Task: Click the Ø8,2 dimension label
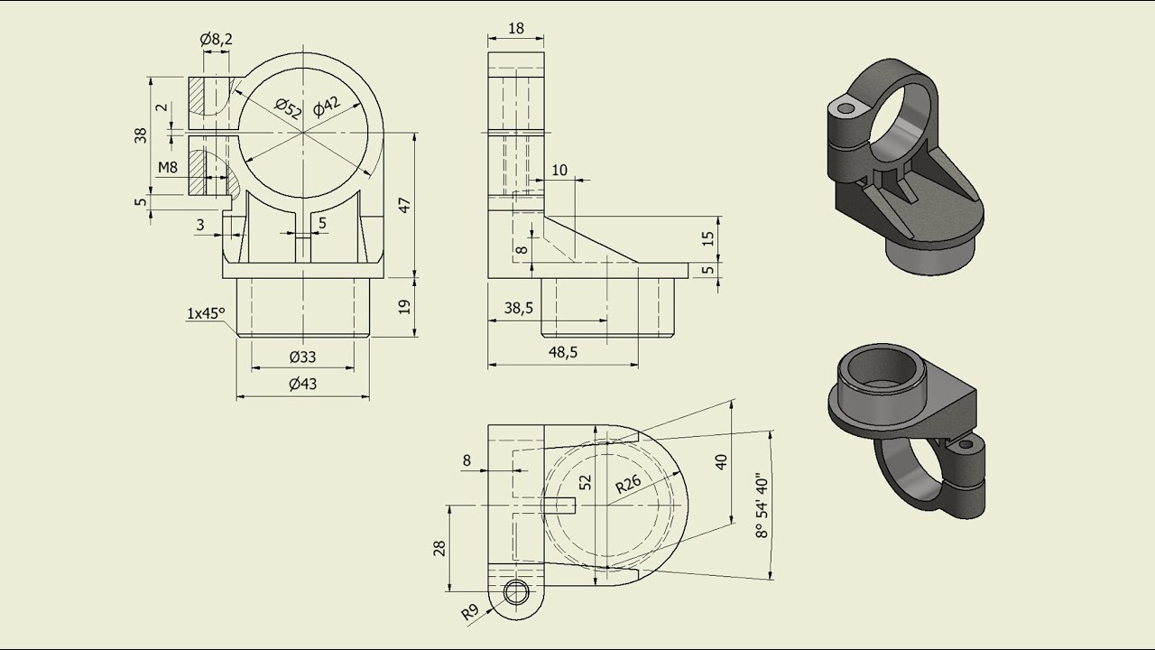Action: point(216,39)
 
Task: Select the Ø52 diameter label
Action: point(287,108)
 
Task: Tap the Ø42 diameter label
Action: point(327,106)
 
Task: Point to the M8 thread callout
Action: point(168,167)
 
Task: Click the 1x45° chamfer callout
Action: point(205,313)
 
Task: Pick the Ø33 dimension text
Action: point(303,357)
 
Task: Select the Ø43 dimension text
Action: point(303,384)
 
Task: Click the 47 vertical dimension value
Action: point(405,205)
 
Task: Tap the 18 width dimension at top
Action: point(516,28)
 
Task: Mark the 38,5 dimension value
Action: point(518,308)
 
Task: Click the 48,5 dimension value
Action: point(562,352)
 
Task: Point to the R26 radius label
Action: point(628,484)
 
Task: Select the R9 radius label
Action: point(469,613)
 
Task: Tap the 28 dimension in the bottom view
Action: point(439,548)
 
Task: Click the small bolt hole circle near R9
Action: point(517,592)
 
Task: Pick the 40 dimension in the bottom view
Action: point(721,461)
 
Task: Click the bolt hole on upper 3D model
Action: point(845,108)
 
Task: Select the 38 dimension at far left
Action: point(140,135)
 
